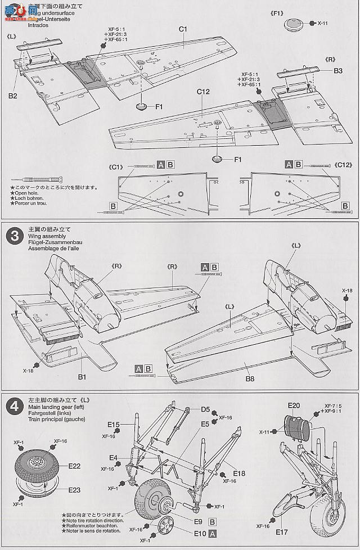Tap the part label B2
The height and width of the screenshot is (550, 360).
tap(12, 96)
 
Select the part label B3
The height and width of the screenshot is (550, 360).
tap(337, 71)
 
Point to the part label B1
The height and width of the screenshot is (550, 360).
tap(82, 377)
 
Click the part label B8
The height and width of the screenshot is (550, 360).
tap(249, 378)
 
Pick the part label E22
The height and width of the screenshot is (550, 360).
tap(74, 466)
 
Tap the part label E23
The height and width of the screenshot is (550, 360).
tap(74, 490)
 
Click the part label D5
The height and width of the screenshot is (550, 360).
tap(205, 409)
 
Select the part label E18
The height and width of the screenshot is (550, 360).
tap(238, 474)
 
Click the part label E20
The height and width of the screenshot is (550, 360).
tap(294, 405)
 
